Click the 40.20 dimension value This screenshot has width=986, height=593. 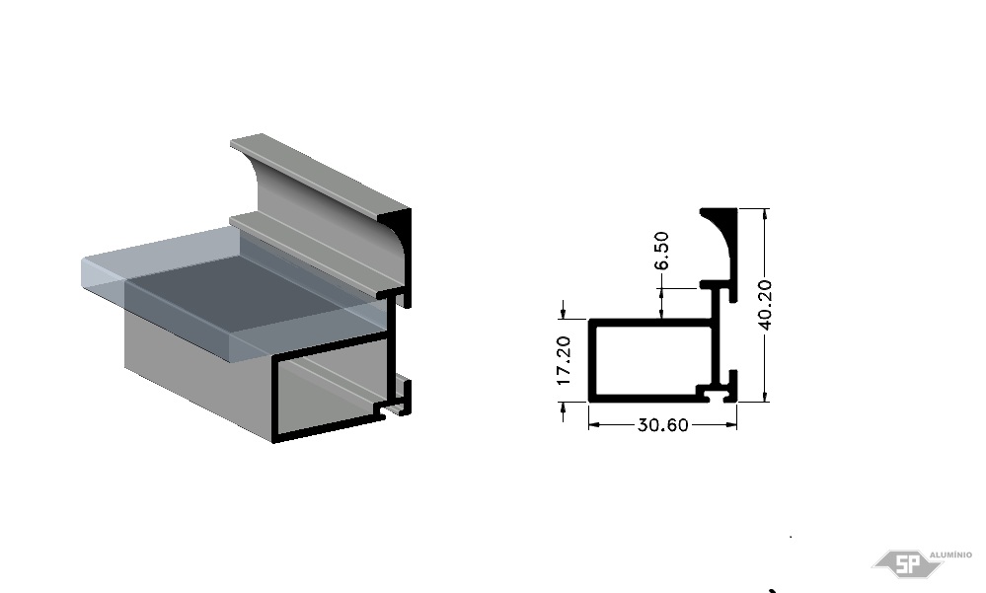[x=765, y=305]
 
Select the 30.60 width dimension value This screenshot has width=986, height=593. [x=663, y=425]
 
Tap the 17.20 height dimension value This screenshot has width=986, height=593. [x=564, y=361]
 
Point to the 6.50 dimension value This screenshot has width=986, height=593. [x=661, y=251]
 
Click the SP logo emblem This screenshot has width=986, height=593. [x=907, y=563]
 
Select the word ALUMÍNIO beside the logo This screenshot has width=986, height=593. [x=950, y=555]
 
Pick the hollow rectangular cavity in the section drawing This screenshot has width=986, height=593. [x=652, y=360]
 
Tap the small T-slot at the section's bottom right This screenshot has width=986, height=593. [x=717, y=396]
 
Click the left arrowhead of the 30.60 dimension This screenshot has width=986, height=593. [x=594, y=425]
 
